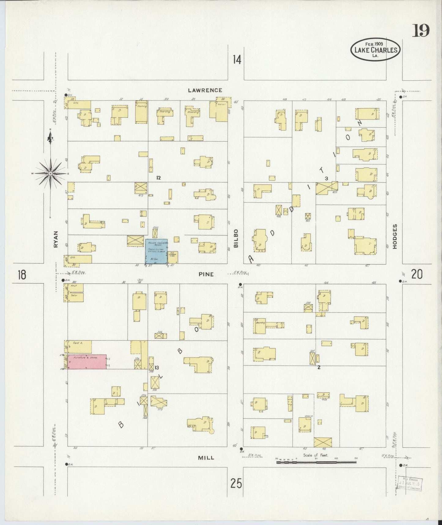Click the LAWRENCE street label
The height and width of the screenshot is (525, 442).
click(x=205, y=90)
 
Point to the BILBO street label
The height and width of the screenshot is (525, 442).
click(x=236, y=238)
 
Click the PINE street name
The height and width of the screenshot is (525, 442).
click(x=206, y=274)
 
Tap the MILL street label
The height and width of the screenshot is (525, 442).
click(x=206, y=458)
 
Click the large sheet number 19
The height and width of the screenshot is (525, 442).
click(x=421, y=31)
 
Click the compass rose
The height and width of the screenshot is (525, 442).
click(x=50, y=173)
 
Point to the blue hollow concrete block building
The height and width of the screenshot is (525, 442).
click(x=156, y=251)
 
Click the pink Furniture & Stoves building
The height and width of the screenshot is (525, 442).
click(x=87, y=362)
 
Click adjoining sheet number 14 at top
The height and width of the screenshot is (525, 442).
click(x=236, y=59)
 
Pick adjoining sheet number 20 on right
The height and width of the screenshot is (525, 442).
click(x=417, y=274)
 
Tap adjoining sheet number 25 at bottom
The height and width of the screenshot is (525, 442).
click(x=236, y=484)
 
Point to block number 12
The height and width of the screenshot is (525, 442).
click(x=158, y=178)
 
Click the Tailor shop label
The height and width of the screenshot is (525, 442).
click(x=73, y=296)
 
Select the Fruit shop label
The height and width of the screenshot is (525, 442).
click(x=73, y=286)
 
